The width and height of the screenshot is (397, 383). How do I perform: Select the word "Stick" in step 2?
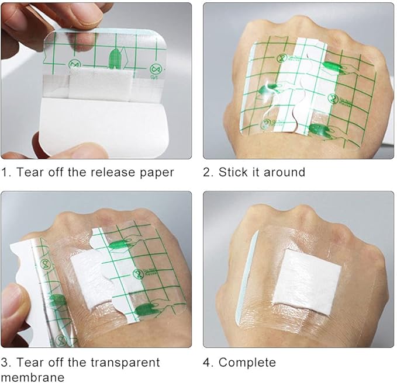click(233, 172)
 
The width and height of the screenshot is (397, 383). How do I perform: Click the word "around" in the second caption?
click(284, 172)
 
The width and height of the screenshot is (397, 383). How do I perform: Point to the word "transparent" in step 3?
click(125, 363)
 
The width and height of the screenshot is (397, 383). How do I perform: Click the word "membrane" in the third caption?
click(33, 377)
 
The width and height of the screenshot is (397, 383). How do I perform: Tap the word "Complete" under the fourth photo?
click(247, 363)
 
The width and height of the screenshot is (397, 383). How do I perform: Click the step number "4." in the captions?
click(208, 363)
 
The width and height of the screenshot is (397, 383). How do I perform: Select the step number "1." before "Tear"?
click(6, 172)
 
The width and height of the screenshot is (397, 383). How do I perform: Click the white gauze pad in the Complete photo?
click(307, 283)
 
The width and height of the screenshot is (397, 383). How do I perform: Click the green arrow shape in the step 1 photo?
click(114, 59)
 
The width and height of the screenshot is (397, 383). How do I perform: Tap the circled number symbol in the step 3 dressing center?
click(138, 274)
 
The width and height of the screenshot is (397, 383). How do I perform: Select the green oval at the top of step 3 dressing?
click(119, 245)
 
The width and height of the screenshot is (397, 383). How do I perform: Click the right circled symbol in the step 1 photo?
click(155, 69)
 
